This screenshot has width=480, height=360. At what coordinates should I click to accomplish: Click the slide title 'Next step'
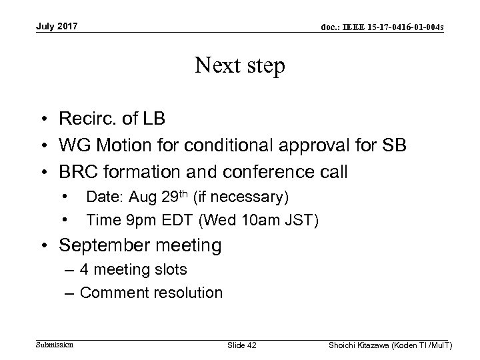[x=240, y=65]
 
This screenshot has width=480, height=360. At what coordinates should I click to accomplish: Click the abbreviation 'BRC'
[x=77, y=172]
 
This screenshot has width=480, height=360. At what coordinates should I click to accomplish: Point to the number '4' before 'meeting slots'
[x=84, y=269]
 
